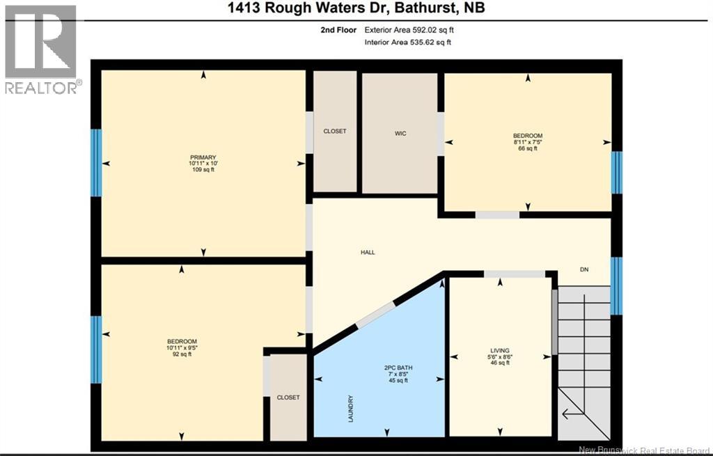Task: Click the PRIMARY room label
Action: pyautogui.click(x=203, y=157)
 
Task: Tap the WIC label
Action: pyautogui.click(x=399, y=131)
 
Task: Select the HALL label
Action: pyautogui.click(x=368, y=252)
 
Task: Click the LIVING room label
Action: pyautogui.click(x=500, y=350)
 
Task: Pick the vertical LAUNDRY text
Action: pyautogui.click(x=351, y=409)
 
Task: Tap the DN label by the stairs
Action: pyautogui.click(x=584, y=269)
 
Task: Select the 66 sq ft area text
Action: pyautogui.click(x=527, y=148)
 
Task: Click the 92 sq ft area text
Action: pyautogui.click(x=182, y=354)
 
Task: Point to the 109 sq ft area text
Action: pyautogui.click(x=203, y=169)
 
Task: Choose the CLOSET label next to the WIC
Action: pyautogui.click(x=334, y=131)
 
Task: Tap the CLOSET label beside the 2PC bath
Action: pyautogui.click(x=288, y=398)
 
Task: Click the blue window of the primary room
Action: pyautogui.click(x=96, y=163)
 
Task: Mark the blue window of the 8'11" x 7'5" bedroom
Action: pyautogui.click(x=616, y=172)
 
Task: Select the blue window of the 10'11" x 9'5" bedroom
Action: pyautogui.click(x=96, y=349)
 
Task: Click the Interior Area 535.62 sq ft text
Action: pyautogui.click(x=408, y=42)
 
